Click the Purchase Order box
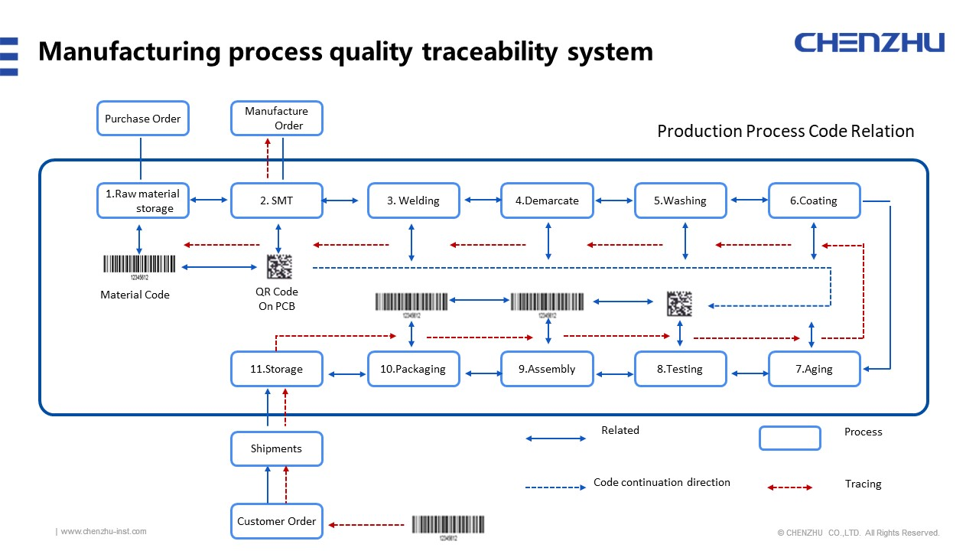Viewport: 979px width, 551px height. [x=143, y=119]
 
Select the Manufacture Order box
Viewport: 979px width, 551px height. [x=276, y=119]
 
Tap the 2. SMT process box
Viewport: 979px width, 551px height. [x=276, y=201]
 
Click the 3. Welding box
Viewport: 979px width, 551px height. [x=413, y=201]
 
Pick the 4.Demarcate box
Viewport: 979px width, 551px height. [x=547, y=201]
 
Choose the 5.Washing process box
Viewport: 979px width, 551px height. [x=680, y=201]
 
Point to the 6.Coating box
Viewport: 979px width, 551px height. [x=814, y=201]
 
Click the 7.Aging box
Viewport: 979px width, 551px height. [x=814, y=369]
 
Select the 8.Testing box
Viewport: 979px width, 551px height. [x=680, y=369]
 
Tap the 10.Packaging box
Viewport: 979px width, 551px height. [x=413, y=369]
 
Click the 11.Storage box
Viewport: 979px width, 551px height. [x=276, y=369]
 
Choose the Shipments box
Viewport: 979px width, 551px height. [x=276, y=448]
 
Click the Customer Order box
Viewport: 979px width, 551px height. [x=276, y=521]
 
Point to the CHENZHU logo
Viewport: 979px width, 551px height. [x=869, y=42]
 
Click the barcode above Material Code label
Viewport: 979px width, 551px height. [x=138, y=265]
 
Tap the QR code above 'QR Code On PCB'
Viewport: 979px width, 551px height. [x=279, y=267]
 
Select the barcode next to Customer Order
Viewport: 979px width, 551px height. [x=448, y=524]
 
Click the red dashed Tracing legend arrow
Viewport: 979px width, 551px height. [x=790, y=487]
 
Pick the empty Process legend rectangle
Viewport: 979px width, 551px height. [x=789, y=438]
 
